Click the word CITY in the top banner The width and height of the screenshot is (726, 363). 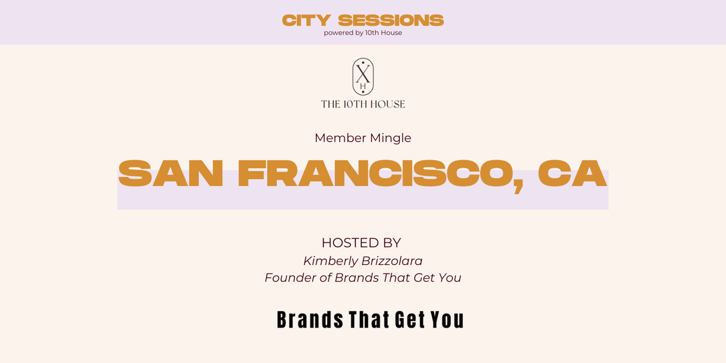306,20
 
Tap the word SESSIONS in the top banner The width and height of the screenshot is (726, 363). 391,20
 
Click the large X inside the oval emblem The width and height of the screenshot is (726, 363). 363,73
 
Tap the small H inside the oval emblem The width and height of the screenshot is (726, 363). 363,87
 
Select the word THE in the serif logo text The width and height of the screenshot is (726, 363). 331,104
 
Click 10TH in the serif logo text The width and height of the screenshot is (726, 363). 355,104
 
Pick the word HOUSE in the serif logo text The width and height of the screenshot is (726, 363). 388,104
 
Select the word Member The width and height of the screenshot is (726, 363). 340,138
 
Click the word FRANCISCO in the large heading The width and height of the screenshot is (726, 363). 375,174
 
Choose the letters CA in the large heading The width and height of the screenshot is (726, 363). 572,174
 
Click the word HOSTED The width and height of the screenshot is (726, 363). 350,243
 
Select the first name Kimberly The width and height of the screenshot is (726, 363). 330,261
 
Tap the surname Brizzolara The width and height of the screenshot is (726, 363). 392,261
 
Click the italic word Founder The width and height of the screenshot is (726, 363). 290,278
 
